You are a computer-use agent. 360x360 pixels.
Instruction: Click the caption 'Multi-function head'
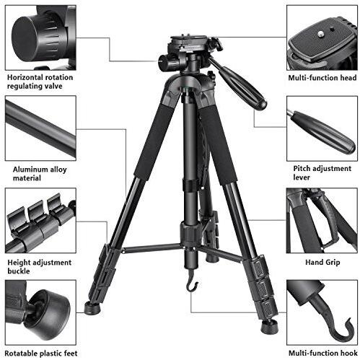tap(322, 78)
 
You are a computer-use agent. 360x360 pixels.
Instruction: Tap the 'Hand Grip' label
tap(322, 263)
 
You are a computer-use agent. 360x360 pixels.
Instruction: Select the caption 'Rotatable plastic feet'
tap(41, 354)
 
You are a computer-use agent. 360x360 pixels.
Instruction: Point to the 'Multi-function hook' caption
tap(323, 353)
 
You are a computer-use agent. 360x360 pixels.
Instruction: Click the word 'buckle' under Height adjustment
tap(19, 271)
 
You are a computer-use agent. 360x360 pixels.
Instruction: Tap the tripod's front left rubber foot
tap(92, 307)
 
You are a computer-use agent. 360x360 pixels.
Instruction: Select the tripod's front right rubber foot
tap(269, 326)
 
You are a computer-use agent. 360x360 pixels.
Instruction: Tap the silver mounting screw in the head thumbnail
tap(320, 35)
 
